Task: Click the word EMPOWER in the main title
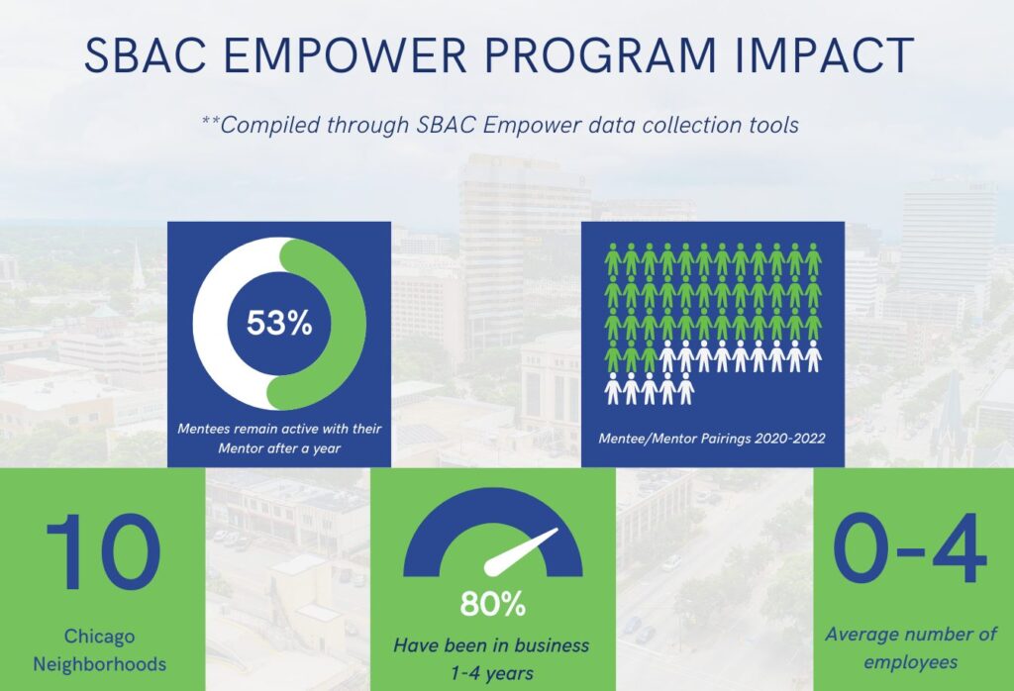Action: (x=347, y=55)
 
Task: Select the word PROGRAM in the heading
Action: (x=600, y=55)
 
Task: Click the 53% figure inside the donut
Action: (x=279, y=322)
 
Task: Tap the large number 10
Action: (x=103, y=552)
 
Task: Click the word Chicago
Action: (x=100, y=636)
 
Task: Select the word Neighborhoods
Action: (x=100, y=664)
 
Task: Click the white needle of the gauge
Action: (x=520, y=551)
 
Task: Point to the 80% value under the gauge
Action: (x=493, y=605)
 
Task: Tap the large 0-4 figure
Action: (x=911, y=549)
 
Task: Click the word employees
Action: (x=911, y=662)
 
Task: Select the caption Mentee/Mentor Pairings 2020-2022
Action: (x=712, y=439)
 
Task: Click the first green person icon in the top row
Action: (x=612, y=259)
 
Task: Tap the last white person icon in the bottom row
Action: (x=686, y=388)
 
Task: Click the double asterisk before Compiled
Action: (x=210, y=121)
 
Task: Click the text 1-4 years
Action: (x=492, y=673)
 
